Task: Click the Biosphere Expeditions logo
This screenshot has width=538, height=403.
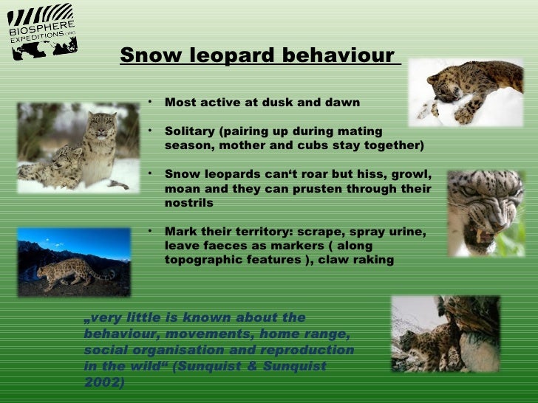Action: coord(42,34)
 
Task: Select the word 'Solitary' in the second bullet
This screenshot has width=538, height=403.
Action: coord(188,131)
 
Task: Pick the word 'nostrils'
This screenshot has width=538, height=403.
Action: coord(188,202)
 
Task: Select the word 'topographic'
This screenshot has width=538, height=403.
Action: coord(202,260)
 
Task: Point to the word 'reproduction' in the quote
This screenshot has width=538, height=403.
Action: coord(310,350)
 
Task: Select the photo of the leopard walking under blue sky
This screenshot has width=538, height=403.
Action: coord(74,262)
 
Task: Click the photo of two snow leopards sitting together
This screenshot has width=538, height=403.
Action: coord(78,147)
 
